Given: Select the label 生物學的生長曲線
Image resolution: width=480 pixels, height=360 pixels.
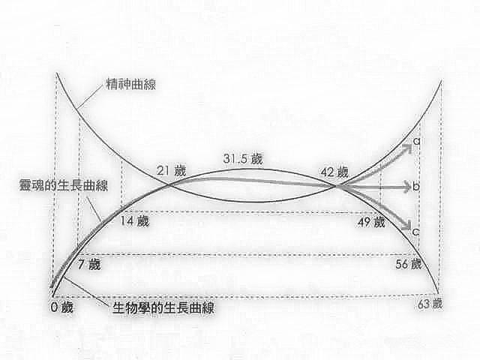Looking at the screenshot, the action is [160, 307].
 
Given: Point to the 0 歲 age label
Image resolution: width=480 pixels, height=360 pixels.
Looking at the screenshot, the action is [61, 308].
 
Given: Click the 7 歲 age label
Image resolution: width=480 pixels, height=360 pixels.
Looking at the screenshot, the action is [88, 264].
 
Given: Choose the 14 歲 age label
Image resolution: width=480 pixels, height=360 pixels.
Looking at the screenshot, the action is [136, 222].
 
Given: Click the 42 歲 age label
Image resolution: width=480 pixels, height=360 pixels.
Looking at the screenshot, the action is [333, 172].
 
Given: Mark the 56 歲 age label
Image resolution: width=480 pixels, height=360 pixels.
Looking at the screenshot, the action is [408, 264].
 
